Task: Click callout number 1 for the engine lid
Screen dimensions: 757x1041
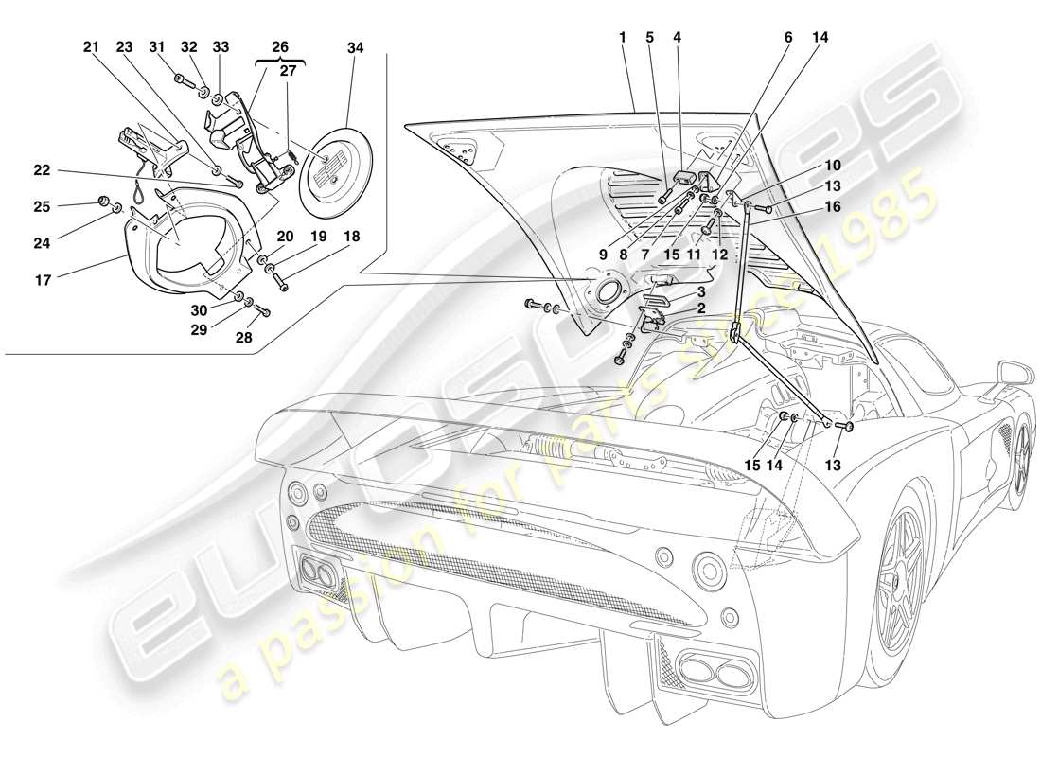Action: [x=623, y=37]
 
